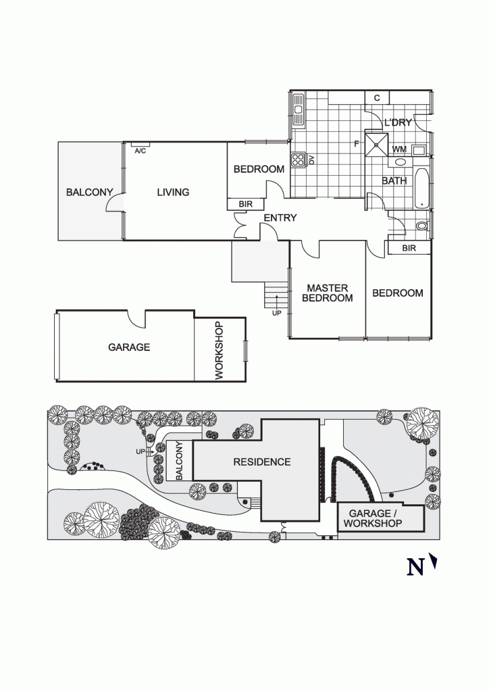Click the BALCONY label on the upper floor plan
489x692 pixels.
click(x=89, y=193)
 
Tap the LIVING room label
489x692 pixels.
click(x=173, y=193)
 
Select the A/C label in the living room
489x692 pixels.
click(x=140, y=151)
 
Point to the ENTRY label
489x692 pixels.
click(x=280, y=218)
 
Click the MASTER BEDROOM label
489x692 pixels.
click(x=328, y=293)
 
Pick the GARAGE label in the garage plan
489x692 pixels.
click(x=129, y=347)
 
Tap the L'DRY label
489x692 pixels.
click(x=398, y=123)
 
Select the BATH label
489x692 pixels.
click(x=394, y=181)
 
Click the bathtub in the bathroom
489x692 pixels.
click(x=421, y=187)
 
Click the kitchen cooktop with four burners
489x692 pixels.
click(x=298, y=160)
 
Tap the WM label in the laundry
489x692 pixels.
click(x=399, y=149)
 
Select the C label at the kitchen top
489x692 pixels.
click(x=377, y=98)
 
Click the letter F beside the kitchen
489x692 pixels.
click(x=356, y=143)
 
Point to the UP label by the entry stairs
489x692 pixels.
click(x=276, y=314)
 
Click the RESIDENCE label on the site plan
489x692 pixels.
click(x=262, y=462)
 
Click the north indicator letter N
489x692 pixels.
click(x=415, y=566)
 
